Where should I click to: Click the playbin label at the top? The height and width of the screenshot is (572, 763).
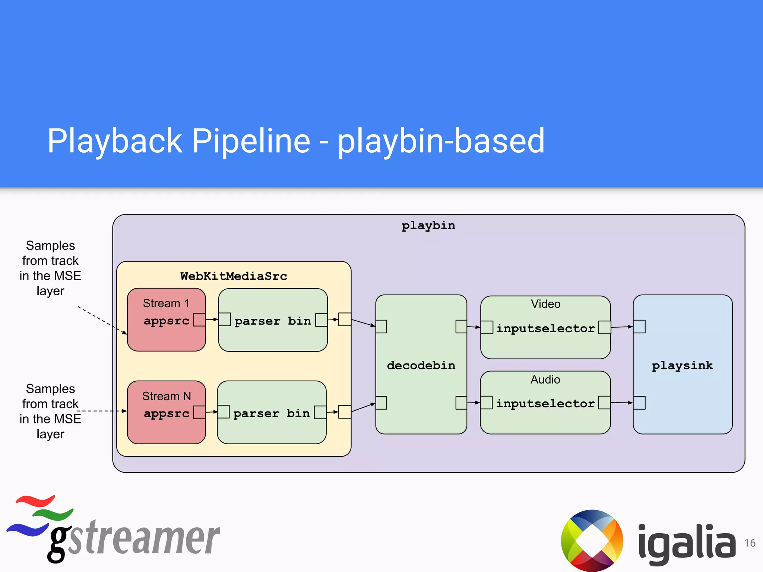click(x=428, y=226)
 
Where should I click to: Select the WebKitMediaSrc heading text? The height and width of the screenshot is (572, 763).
click(x=234, y=276)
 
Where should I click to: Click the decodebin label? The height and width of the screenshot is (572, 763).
click(x=421, y=365)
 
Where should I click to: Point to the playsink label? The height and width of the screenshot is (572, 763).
click(x=682, y=365)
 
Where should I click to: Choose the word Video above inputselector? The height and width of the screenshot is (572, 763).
click(x=545, y=304)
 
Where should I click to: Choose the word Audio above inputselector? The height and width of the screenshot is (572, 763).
click(x=545, y=379)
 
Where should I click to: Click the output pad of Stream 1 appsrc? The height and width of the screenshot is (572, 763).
click(x=199, y=320)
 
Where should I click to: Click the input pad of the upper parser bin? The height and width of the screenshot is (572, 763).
click(x=225, y=320)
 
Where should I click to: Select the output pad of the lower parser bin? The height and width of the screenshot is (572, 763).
click(x=320, y=412)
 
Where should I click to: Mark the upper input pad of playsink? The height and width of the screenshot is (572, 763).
click(x=639, y=327)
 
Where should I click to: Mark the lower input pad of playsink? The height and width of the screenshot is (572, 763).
click(x=639, y=403)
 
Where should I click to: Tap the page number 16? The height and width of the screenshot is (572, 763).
click(x=750, y=543)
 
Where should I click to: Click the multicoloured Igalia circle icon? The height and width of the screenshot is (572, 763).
click(x=592, y=540)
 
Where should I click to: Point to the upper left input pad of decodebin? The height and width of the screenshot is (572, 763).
click(x=381, y=327)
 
